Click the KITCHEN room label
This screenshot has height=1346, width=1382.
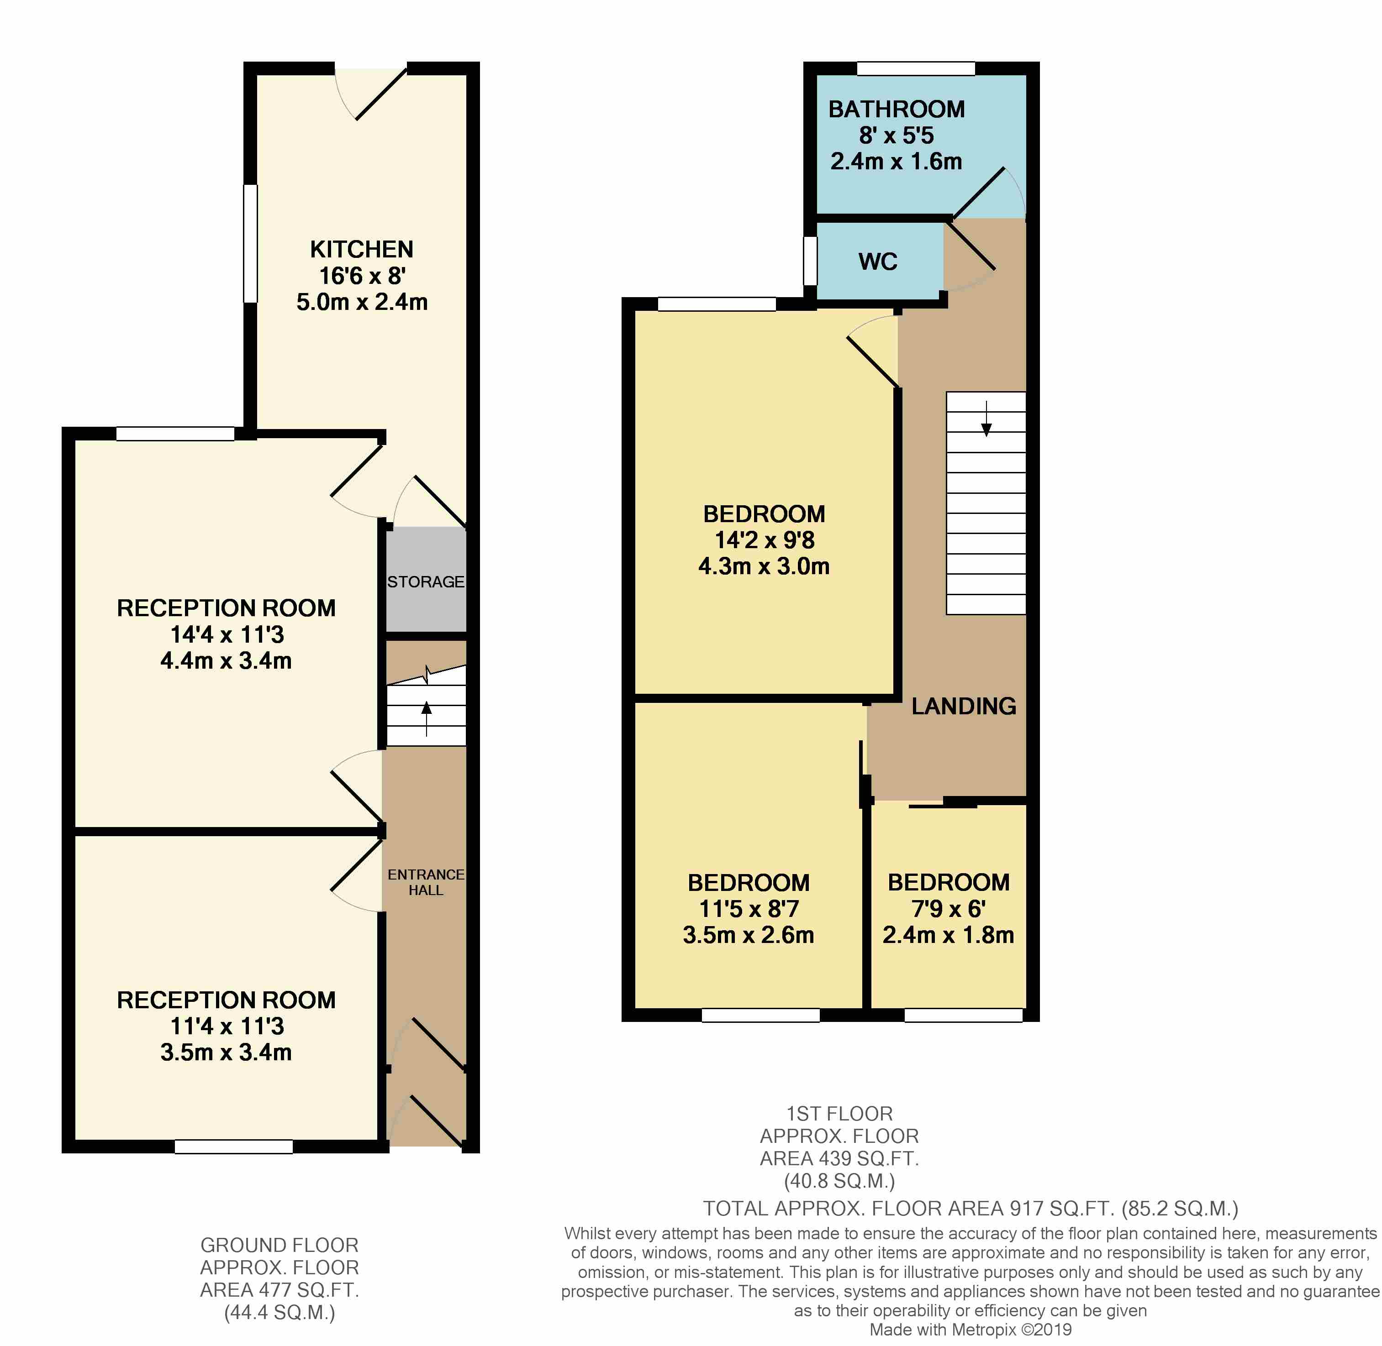pos(361,250)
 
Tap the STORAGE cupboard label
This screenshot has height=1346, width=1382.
pos(426,582)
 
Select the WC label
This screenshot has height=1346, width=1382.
pos(878,262)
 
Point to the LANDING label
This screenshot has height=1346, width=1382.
pos(963,706)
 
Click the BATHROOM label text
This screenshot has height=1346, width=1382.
pos(896,109)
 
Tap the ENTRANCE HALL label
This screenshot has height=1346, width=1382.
pos(426,882)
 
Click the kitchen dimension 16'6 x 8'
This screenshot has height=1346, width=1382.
pos(361,276)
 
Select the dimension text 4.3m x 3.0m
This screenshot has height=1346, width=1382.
pos(764,566)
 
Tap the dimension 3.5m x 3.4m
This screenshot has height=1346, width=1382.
pos(226,1052)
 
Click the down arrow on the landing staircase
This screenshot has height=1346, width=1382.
pos(986,419)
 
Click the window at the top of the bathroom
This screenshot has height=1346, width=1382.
pos(916,68)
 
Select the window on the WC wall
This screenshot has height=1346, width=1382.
pos(811,260)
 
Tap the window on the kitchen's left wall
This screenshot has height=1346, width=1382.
pos(250,243)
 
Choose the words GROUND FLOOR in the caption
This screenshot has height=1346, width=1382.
pos(280,1245)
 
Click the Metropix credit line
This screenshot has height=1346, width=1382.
pos(971,1329)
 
